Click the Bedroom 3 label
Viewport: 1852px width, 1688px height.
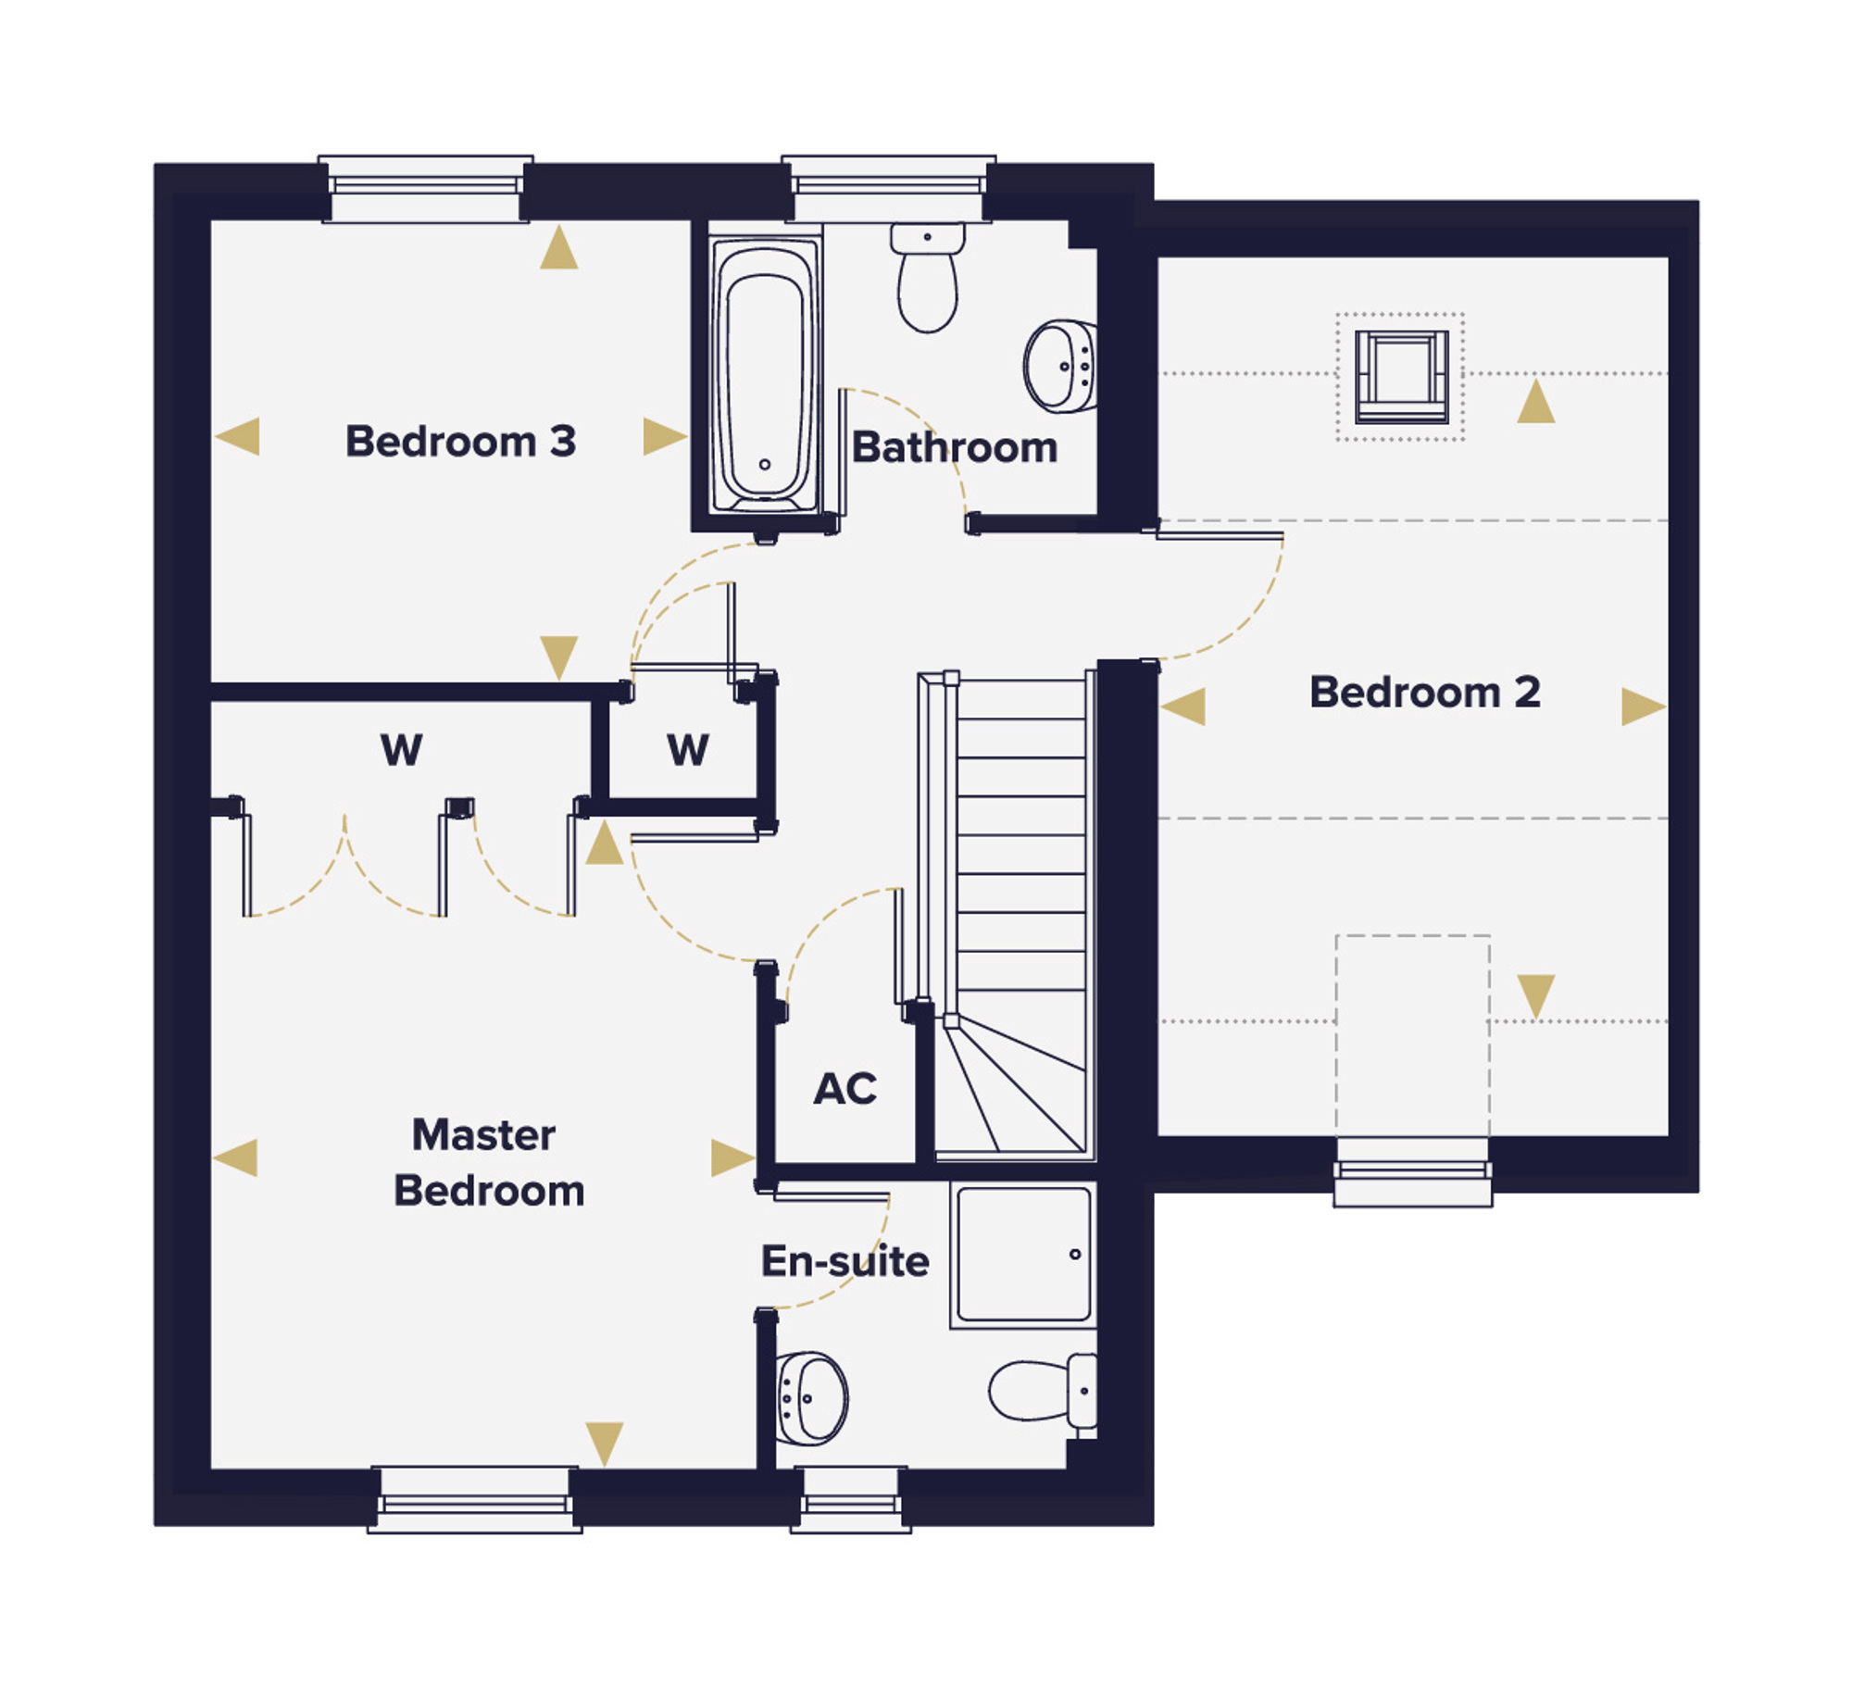coord(460,441)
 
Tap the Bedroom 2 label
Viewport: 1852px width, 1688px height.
coord(1425,692)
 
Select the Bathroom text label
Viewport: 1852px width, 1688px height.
coord(955,447)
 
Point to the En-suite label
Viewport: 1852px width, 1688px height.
coord(845,1260)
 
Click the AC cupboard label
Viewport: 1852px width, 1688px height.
coord(845,1089)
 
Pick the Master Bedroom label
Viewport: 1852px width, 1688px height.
coord(488,1162)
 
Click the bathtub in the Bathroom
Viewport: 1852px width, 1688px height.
coord(765,375)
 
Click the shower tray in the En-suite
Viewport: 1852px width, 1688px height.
coord(1023,1254)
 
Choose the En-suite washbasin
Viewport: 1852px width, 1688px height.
coord(811,1398)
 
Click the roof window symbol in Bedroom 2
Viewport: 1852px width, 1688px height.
coord(1401,376)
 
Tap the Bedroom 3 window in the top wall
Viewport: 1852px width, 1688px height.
coord(426,189)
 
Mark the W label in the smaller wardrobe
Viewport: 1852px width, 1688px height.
coord(688,749)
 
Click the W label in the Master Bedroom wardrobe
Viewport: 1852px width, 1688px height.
coord(402,749)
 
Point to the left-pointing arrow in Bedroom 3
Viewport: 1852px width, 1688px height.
coord(237,436)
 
